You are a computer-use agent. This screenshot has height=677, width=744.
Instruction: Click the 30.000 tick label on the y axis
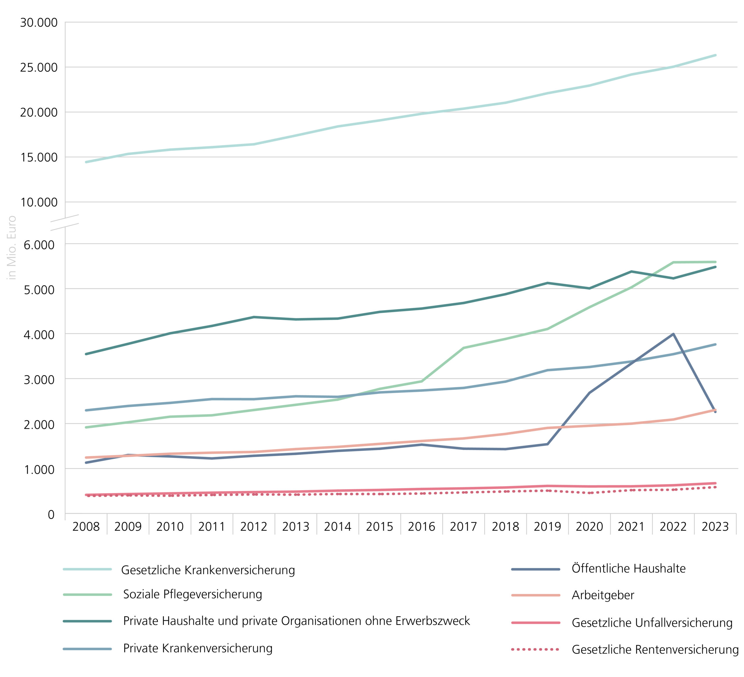coord(38,22)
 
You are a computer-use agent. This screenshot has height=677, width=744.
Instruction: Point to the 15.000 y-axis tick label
coord(38,158)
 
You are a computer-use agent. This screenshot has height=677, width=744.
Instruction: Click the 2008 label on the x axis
coord(86,526)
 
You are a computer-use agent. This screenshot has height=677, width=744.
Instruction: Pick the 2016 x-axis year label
coord(421,526)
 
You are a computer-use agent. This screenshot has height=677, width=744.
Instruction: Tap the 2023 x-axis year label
coord(715,526)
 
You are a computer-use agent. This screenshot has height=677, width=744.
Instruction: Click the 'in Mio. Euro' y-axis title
coord(12,248)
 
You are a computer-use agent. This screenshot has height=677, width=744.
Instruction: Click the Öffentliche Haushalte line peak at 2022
coord(673,334)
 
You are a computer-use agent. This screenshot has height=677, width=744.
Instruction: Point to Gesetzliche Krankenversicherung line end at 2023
coord(715,55)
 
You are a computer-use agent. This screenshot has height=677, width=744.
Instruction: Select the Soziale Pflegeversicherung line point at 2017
coord(464,348)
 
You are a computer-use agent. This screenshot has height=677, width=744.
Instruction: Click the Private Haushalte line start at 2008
coord(86,354)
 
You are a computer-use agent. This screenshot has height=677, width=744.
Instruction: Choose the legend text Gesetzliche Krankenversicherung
coord(208,570)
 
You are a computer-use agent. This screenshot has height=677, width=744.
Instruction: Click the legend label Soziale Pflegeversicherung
coord(192,594)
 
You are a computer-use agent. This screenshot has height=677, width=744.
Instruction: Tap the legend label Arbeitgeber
coord(603,595)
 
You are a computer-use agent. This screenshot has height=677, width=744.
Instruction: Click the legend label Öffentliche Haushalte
coord(629,569)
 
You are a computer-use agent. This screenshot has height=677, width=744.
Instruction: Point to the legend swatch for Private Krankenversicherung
coord(87,649)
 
